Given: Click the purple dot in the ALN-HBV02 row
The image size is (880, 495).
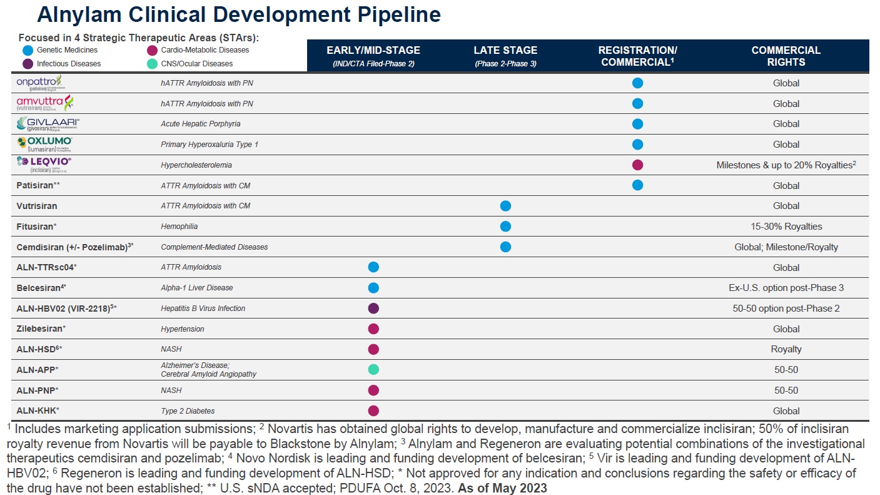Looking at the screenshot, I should pyautogui.click(x=373, y=308).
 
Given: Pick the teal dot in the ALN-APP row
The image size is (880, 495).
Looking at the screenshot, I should pyautogui.click(x=373, y=369).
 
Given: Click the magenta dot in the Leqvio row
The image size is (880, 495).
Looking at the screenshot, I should pyautogui.click(x=637, y=165).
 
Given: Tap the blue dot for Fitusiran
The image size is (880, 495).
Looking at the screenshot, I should pyautogui.click(x=505, y=226).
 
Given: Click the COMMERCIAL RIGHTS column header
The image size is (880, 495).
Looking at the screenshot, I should pyautogui.click(x=786, y=56).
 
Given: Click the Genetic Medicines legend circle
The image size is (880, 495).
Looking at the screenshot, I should pyautogui.click(x=27, y=50).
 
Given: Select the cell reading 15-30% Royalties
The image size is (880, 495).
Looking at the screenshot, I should pyautogui.click(x=786, y=226).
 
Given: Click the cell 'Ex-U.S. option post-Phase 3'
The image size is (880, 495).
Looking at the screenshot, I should pyautogui.click(x=786, y=288).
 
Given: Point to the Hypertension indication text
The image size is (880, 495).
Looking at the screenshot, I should pyautogui.click(x=183, y=329).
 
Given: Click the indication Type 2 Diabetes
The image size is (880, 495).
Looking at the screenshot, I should pyautogui.click(x=188, y=411).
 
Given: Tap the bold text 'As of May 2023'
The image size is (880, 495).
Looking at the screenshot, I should pyautogui.click(x=502, y=488).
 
